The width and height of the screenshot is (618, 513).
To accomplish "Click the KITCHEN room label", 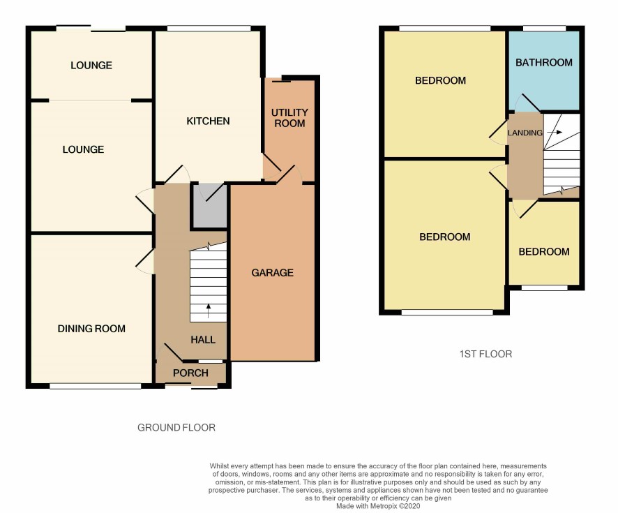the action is click(208, 121).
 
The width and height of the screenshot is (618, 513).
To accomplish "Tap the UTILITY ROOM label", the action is click(289, 118).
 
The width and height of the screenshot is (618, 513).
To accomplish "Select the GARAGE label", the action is click(272, 272).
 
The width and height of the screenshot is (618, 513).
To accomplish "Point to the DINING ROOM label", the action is click(91, 329).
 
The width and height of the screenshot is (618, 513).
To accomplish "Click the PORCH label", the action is click(190, 373).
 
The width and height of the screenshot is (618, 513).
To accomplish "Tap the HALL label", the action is click(203, 339).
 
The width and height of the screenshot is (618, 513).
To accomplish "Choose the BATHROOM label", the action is click(544, 62).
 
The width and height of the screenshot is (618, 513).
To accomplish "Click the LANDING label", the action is click(525, 133).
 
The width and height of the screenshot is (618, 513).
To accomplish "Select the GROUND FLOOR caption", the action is click(176, 427).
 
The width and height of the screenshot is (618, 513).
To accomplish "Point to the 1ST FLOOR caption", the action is click(486, 354).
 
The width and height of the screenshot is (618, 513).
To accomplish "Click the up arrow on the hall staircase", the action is click(209, 311).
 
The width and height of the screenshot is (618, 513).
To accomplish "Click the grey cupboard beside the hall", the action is click(209, 206).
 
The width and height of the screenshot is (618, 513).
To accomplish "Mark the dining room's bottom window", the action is click(95, 387).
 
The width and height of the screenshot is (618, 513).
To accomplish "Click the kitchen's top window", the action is click(209, 29).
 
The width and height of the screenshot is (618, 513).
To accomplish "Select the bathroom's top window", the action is click(544, 29).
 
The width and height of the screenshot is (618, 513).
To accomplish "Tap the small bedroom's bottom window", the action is click(544, 288).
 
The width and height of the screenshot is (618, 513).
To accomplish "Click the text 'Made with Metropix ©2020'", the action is click(378, 506).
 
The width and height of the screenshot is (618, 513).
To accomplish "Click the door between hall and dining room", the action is click(145, 261).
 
